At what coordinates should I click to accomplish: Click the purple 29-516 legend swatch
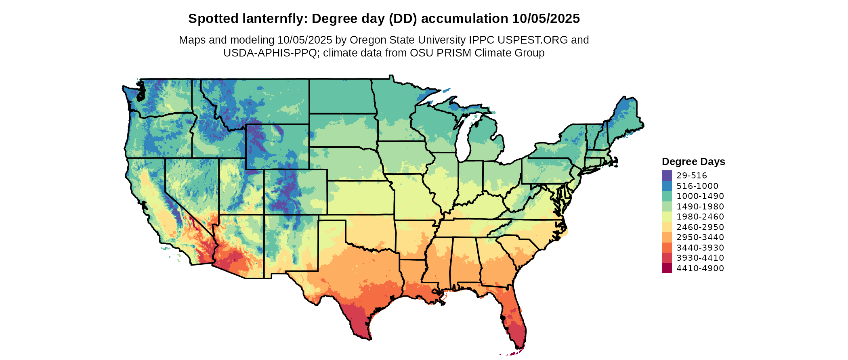pyautogui.click(x=667, y=176)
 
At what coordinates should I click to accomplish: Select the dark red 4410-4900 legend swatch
pyautogui.click(x=667, y=268)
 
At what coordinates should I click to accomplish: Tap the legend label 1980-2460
pyautogui.click(x=700, y=217)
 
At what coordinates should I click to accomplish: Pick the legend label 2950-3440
pyautogui.click(x=700, y=237)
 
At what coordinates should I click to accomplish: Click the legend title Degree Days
pyautogui.click(x=693, y=162)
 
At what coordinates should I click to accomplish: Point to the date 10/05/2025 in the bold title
pyautogui.click(x=546, y=19)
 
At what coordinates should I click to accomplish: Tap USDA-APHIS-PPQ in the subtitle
pyautogui.click(x=270, y=53)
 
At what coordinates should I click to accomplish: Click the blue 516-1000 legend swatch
pyautogui.click(x=667, y=186)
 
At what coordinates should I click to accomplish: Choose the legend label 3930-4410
pyautogui.click(x=700, y=258)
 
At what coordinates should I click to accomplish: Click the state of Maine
pyautogui.click(x=624, y=117)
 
